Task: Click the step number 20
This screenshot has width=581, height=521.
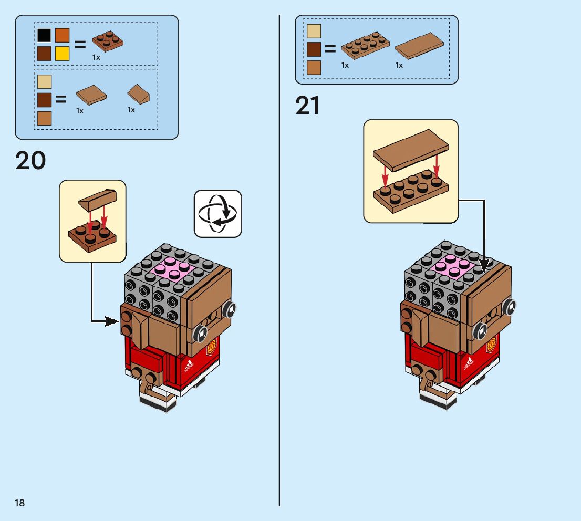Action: point(31,161)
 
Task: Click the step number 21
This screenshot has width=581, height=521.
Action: point(308,106)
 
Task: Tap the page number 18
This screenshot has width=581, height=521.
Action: point(20,503)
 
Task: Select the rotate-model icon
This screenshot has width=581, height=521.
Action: point(218,214)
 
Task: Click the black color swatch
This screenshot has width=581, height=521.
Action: point(44,35)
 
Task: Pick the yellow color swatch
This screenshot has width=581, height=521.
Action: point(62,54)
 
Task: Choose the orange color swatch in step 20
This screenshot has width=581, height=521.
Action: point(62,35)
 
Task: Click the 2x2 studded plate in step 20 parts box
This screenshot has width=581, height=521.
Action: point(108,41)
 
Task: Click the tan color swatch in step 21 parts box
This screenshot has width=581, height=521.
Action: point(314,31)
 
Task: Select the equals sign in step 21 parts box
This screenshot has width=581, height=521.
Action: point(330,49)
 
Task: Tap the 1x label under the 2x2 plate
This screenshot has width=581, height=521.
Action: point(96,57)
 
